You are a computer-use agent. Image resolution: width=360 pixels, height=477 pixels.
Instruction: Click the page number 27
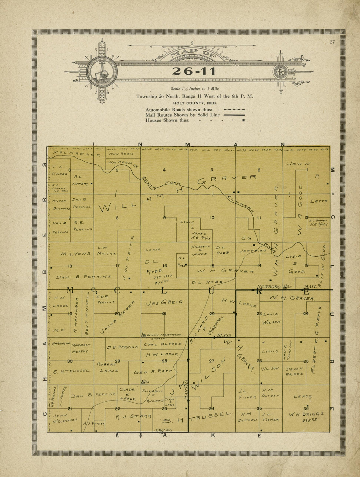(x=332, y=42)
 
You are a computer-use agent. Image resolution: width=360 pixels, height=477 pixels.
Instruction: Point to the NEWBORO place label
(x=270, y=286)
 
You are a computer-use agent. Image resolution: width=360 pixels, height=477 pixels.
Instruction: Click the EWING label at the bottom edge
(x=163, y=430)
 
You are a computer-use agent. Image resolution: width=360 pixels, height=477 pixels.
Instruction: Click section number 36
(x=306, y=408)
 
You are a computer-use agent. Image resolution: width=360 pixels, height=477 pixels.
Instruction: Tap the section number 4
(x=164, y=170)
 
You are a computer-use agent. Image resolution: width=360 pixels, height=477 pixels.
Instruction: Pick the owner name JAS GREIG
(x=164, y=303)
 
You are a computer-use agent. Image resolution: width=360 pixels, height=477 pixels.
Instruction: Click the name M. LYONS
(x=76, y=254)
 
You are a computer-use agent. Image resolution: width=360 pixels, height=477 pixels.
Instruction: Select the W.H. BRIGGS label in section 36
(x=306, y=414)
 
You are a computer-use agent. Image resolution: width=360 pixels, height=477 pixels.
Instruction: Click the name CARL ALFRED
(x=163, y=344)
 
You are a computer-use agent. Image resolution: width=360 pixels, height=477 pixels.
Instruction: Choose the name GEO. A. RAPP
(x=153, y=372)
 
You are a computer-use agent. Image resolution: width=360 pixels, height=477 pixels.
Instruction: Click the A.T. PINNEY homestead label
(x=318, y=223)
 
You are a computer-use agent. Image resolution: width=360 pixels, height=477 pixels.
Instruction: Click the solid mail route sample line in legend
(x=234, y=115)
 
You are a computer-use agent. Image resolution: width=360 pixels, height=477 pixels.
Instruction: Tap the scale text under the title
(x=194, y=88)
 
